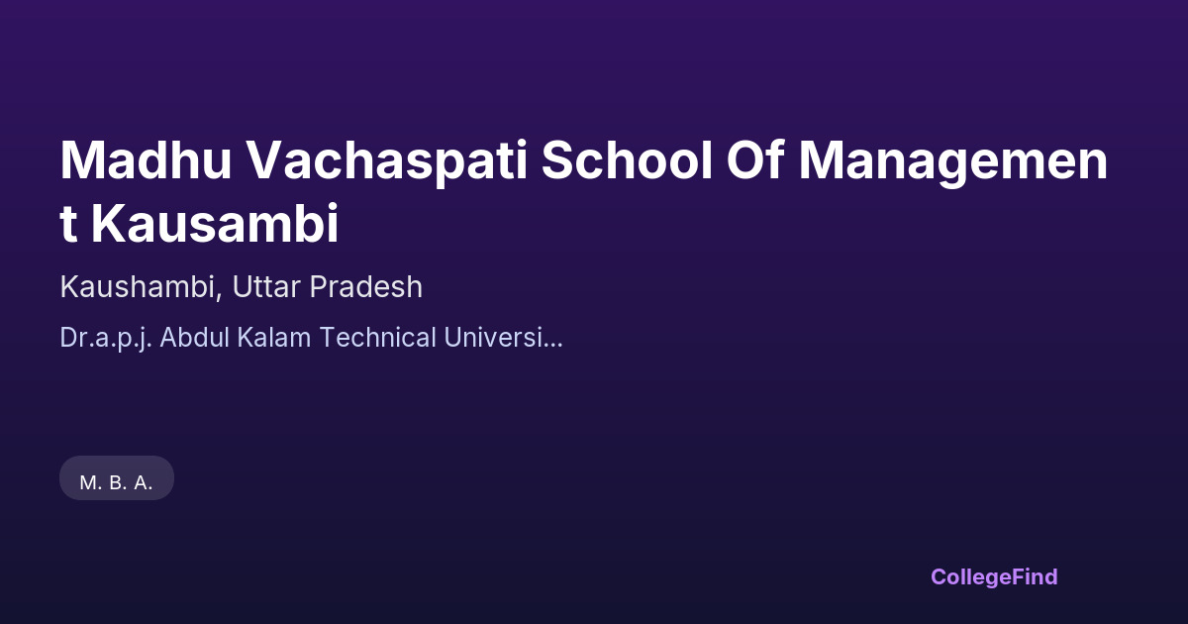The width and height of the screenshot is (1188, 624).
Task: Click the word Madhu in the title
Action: pyautogui.click(x=146, y=160)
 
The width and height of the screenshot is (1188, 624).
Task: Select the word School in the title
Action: pyautogui.click(x=627, y=160)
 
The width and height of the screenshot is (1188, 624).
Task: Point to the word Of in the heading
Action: pyautogui.click(x=754, y=160)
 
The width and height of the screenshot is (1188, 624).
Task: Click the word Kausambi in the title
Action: pyautogui.click(x=215, y=223)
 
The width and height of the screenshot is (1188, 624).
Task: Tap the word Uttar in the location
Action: pyautogui.click(x=266, y=287)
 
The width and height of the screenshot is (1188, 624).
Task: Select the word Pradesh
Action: pyautogui.click(x=366, y=287)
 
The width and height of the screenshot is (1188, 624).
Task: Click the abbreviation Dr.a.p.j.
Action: pyautogui.click(x=106, y=338)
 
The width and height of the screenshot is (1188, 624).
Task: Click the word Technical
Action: pyautogui.click(x=377, y=337)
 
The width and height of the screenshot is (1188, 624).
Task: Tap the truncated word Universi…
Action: pyautogui.click(x=503, y=337)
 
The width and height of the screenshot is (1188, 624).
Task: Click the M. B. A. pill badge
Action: pyautogui.click(x=117, y=477)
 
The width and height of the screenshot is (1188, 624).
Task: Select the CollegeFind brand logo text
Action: pyautogui.click(x=994, y=577)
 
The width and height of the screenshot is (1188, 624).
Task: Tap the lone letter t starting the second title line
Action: pyautogui.click(x=68, y=225)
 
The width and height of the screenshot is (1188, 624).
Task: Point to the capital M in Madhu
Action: pyautogui.click(x=80, y=160)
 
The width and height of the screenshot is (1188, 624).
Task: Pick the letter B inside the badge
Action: pyautogui.click(x=116, y=483)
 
